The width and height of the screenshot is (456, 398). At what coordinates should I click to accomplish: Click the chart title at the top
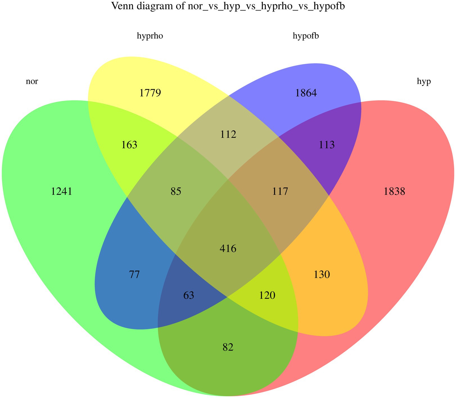[x=228, y=6]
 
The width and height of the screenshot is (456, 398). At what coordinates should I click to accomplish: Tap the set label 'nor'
[x=32, y=82]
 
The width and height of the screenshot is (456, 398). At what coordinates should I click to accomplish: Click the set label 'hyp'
[x=424, y=82]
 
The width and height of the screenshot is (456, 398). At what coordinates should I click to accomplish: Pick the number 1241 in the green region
[x=62, y=191]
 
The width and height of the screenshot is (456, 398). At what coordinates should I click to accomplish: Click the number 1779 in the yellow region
[x=150, y=93]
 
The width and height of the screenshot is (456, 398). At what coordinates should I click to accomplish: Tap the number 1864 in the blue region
[x=306, y=93]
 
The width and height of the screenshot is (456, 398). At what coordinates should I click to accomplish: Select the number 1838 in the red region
[x=394, y=191]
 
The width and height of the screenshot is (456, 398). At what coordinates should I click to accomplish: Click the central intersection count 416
[x=228, y=248]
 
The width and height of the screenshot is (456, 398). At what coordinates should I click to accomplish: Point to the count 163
[x=129, y=145]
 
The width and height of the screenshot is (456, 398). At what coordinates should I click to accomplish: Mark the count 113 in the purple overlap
[x=327, y=145]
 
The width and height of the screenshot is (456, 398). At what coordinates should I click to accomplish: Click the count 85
[x=176, y=191]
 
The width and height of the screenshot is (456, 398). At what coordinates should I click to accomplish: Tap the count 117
[x=280, y=191]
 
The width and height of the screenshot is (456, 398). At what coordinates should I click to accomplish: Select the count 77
[x=134, y=275]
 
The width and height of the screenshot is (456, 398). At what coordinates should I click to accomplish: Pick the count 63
[x=189, y=295]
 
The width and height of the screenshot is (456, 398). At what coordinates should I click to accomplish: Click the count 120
[x=267, y=295]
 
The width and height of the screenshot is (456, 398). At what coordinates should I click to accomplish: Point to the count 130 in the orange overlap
[x=322, y=275]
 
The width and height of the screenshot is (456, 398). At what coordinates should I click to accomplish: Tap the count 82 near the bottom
[x=228, y=347]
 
